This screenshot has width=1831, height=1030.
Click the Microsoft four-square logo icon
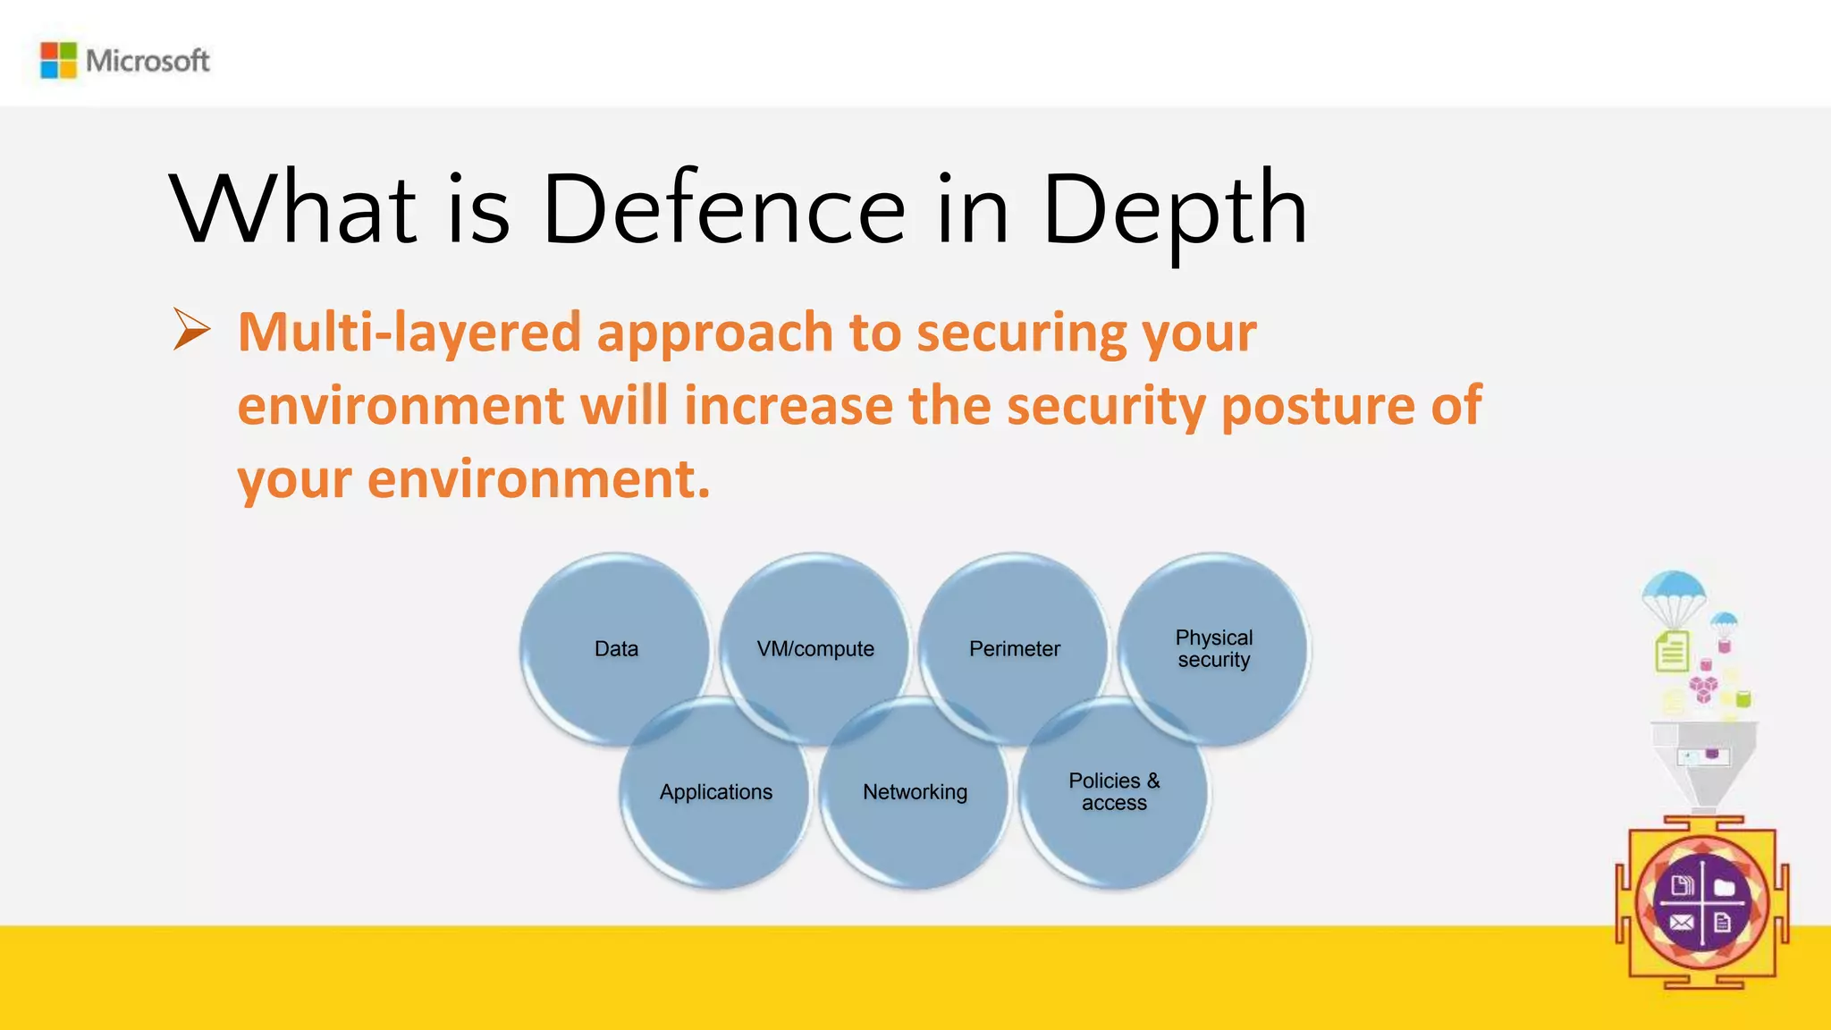[59, 61]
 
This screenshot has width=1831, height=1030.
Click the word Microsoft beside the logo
[148, 61]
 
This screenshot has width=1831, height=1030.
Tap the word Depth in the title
[1174, 210]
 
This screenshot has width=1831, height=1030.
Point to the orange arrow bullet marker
[191, 330]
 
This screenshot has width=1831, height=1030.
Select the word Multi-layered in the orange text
[409, 333]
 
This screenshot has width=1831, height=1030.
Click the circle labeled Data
[616, 649]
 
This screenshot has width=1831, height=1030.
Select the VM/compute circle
[815, 649]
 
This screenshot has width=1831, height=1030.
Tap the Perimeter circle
[1015, 649]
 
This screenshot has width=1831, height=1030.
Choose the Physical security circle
[1214, 649]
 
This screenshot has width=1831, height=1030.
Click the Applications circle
[716, 793]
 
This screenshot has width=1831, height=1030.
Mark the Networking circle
[915, 793]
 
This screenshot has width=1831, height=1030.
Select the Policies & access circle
[1114, 793]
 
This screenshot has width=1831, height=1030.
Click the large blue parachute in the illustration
[1674, 589]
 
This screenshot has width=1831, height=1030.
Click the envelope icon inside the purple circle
[1681, 923]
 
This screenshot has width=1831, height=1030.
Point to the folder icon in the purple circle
[1725, 887]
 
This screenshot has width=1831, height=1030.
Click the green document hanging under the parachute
[1672, 651]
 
